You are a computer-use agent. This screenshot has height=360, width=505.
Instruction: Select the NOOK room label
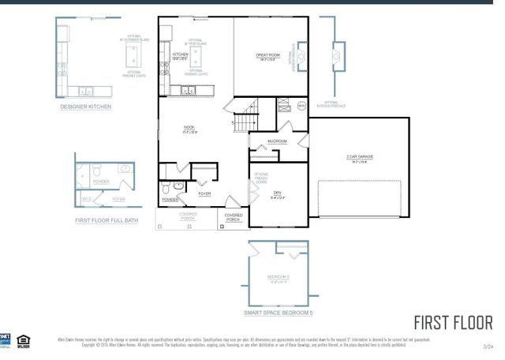[189, 129]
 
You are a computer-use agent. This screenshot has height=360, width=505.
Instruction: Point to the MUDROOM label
[276, 142]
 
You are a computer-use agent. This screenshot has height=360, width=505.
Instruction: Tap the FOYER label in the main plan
[204, 193]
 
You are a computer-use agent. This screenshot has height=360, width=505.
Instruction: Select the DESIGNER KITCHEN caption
[86, 106]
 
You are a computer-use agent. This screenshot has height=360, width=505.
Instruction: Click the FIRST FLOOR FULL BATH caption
[107, 221]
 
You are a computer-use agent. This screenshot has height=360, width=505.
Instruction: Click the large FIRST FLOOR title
[453, 323]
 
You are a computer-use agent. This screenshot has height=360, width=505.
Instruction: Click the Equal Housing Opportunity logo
[24, 340]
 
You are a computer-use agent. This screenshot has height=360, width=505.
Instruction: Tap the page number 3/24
[488, 346]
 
